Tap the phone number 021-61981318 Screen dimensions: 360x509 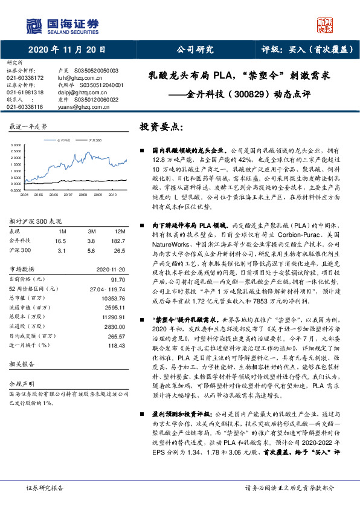pos(25,92)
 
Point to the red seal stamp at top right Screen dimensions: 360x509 pos(326,25)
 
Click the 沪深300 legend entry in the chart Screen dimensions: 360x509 pos(91,140)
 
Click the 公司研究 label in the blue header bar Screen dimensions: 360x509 pos(194,50)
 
